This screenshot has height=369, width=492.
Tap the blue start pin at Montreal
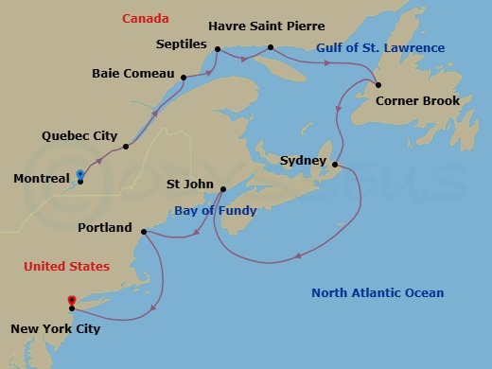[80, 175]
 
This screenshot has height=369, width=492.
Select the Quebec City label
[79, 136]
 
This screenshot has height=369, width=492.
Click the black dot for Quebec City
[126, 147]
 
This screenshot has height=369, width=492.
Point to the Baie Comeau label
[132, 73]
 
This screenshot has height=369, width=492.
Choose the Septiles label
[182, 44]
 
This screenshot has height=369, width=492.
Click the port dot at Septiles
[217, 49]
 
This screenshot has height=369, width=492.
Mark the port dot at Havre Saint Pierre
[271, 47]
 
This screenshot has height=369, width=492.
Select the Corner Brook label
[417, 101]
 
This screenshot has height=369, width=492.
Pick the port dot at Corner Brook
[378, 85]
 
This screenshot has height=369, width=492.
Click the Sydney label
[303, 161]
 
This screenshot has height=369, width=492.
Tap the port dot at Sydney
[334, 164]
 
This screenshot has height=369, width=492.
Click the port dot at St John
[220, 190]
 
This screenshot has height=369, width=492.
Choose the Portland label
[104, 228]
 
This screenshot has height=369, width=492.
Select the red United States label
[67, 268]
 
